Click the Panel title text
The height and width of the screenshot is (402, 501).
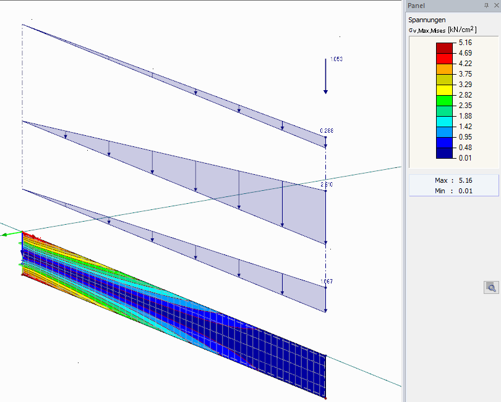416,6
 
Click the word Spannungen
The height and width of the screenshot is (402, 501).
427,20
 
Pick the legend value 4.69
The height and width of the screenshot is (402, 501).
465,54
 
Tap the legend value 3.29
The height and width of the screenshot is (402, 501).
465,84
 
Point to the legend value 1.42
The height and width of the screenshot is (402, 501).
465,126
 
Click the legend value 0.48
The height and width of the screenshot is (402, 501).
465,147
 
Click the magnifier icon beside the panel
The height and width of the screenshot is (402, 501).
490,287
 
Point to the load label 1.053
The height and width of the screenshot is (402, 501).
336,59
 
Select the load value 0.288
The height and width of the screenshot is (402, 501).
326,131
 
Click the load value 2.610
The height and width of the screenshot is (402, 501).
326,185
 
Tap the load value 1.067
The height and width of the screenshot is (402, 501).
326,282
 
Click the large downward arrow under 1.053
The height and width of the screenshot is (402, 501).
326,77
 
